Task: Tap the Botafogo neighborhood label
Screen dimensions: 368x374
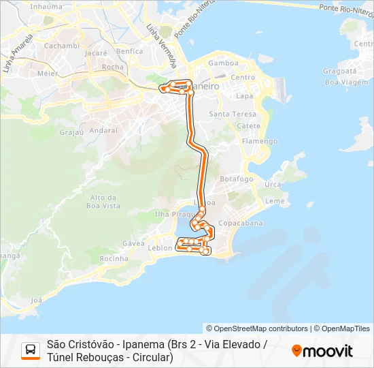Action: tap(237, 179)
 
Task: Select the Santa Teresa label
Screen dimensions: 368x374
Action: tap(233, 114)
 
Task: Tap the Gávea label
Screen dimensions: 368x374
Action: tap(133, 243)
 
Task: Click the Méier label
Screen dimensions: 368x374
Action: tap(47, 73)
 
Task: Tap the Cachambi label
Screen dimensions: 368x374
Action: tap(62, 46)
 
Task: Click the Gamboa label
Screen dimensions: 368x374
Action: tap(224, 63)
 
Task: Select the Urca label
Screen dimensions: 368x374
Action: tap(273, 185)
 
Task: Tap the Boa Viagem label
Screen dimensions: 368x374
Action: tap(341, 82)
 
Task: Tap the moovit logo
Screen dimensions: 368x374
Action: tap(322, 351)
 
